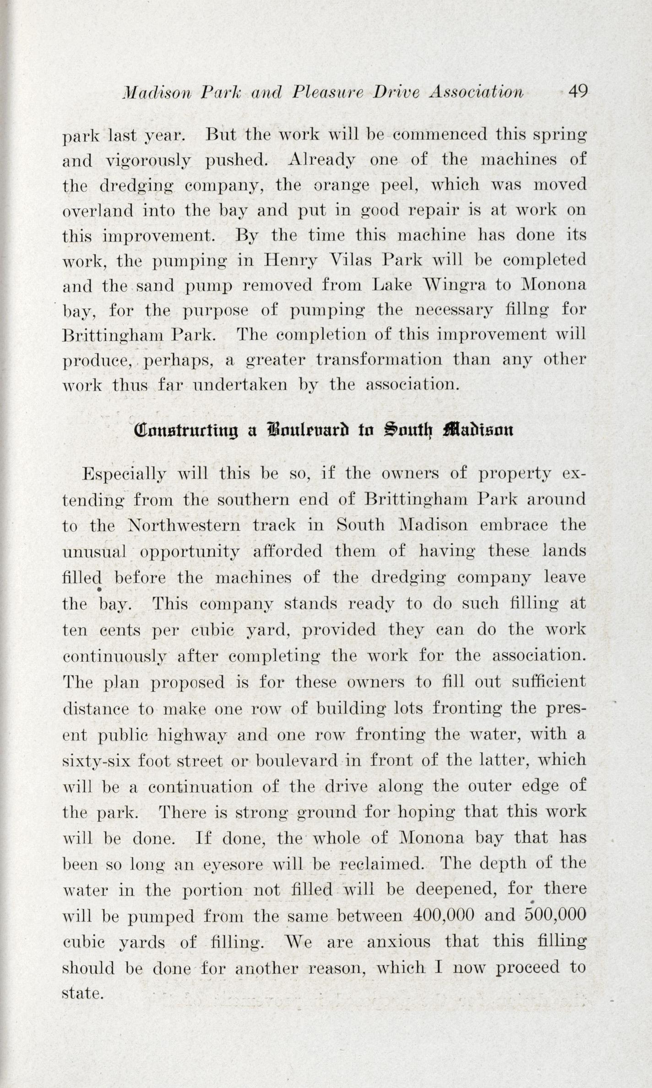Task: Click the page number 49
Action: click(x=577, y=92)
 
